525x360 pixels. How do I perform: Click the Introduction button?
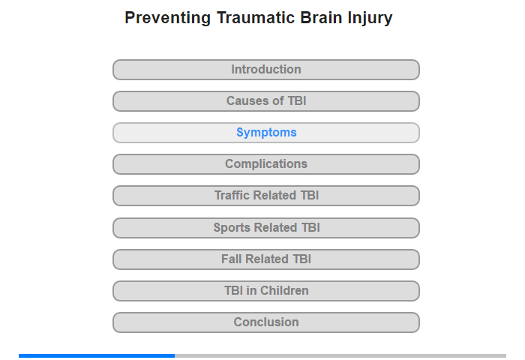pyautogui.click(x=266, y=70)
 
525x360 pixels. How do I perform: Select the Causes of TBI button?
pyautogui.click(x=266, y=101)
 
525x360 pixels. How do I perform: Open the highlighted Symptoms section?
pyautogui.click(x=266, y=133)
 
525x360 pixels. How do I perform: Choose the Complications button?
pyautogui.click(x=266, y=164)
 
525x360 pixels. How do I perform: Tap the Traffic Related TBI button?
pyautogui.click(x=266, y=196)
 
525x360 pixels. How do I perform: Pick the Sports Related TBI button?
pyautogui.click(x=266, y=228)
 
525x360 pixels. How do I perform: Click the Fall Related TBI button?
pyautogui.click(x=266, y=259)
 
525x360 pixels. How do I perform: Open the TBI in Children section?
pyautogui.click(x=266, y=291)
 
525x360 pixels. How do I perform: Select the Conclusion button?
pyautogui.click(x=266, y=322)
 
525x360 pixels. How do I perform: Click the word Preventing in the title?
pyautogui.click(x=168, y=18)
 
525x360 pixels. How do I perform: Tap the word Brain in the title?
pyautogui.click(x=321, y=17)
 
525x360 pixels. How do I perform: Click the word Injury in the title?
pyautogui.click(x=370, y=19)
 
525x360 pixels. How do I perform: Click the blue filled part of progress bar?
pyautogui.click(x=97, y=355)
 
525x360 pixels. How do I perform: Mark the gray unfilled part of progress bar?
pyautogui.click(x=340, y=355)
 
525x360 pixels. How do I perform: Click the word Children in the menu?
pyautogui.click(x=284, y=290)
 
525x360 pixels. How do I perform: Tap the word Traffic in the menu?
pyautogui.click(x=232, y=195)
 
